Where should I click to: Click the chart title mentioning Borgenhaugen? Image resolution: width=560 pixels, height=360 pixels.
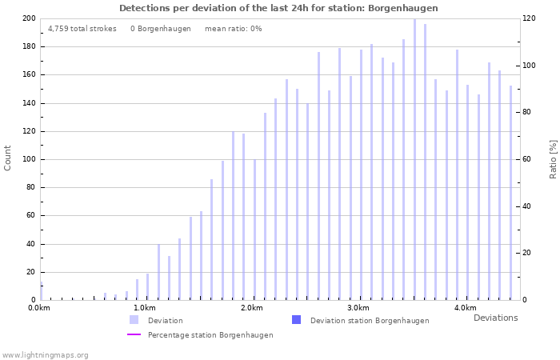coord(278,8)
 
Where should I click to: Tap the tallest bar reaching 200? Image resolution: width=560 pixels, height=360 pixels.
coord(414,160)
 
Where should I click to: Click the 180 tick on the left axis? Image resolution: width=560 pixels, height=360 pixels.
coord(29,46)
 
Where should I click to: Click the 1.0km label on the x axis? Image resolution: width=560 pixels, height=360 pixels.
coord(145,308)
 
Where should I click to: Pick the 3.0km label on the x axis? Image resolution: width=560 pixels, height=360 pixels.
coord(358,308)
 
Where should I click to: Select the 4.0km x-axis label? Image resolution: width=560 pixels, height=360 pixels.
coord(465,308)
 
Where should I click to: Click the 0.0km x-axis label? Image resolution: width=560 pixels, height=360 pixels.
coord(38,308)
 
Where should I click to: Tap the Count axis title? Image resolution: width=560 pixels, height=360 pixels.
coord(8,158)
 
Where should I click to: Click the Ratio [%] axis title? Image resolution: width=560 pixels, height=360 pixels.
coord(553,158)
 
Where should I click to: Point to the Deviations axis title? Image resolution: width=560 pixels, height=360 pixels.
coord(495,318)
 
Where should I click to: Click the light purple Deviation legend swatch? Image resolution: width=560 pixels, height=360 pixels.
coord(134,320)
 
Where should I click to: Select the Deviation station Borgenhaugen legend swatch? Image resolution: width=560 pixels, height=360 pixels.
coord(296,320)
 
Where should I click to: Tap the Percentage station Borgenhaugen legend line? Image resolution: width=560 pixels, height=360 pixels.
coord(134,334)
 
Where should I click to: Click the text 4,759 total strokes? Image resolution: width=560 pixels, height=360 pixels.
coord(82,29)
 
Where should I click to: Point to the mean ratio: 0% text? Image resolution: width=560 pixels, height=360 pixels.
coord(233,29)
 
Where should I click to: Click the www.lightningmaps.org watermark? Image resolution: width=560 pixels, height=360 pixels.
coord(45,354)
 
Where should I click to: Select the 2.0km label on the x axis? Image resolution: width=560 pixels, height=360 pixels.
coord(252,308)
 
